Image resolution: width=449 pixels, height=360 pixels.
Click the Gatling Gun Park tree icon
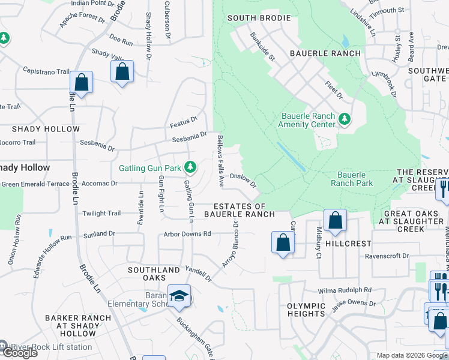pyautogui.click(x=190, y=166)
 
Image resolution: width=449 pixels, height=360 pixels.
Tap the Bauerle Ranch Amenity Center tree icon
pyautogui.click(x=345, y=119)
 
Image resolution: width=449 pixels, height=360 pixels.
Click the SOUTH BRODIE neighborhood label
pyautogui.click(x=259, y=18)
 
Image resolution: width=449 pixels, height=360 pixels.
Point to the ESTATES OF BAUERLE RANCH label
pyautogui.click(x=240, y=210)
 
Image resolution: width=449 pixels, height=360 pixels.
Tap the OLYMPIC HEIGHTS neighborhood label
pyautogui.click(x=306, y=310)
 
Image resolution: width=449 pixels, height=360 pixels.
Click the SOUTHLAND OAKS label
pyautogui.click(x=154, y=274)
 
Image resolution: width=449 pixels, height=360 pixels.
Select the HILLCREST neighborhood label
pyautogui.click(x=348, y=244)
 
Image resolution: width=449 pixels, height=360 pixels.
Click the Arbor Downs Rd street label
pyautogui.click(x=187, y=233)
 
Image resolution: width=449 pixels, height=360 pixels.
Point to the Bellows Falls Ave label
pyautogui.click(x=220, y=160)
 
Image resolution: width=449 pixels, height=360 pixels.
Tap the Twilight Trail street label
pyautogui.click(x=101, y=213)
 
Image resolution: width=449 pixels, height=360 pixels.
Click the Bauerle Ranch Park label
pyautogui.click(x=352, y=179)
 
